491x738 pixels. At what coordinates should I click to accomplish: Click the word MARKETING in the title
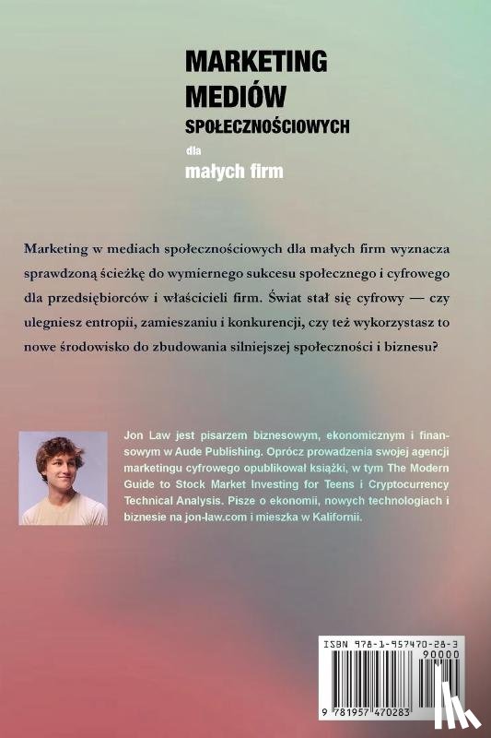tap(256, 62)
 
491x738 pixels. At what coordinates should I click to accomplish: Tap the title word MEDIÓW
tap(236, 94)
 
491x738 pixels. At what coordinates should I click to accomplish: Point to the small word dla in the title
tap(192, 149)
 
